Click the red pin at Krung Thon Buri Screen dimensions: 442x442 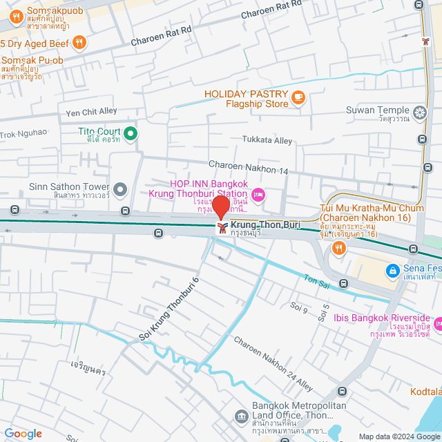(221, 206)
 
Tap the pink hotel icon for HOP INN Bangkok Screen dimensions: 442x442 (258, 195)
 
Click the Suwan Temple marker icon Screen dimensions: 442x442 (419, 112)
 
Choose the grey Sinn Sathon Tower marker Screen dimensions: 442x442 (121, 189)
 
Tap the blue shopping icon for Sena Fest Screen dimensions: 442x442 (392, 269)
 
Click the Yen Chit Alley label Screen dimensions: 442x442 (90, 112)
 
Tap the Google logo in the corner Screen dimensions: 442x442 (23, 434)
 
